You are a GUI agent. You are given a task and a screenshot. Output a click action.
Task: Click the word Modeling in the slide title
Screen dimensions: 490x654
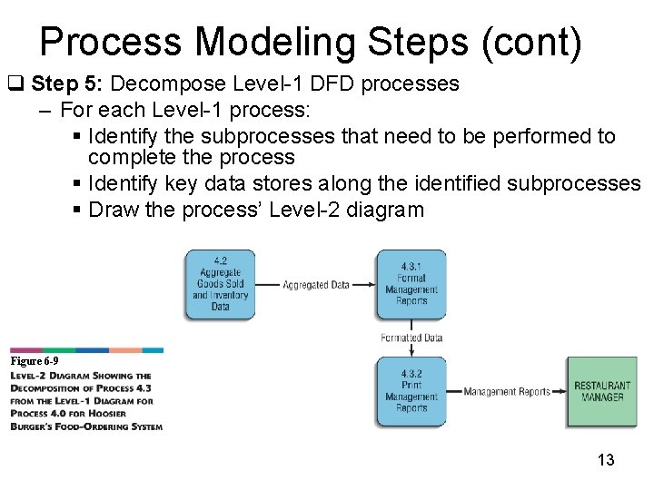pos(275,43)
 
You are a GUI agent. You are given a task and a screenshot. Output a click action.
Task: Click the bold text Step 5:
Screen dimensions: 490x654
pos(68,84)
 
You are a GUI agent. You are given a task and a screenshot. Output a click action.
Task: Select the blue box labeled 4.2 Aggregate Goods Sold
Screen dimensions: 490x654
pos(220,284)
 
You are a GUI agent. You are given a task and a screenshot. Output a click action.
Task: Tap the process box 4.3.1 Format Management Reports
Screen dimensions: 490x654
pos(411,284)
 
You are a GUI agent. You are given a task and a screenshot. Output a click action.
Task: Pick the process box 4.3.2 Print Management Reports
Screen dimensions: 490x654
pos(411,391)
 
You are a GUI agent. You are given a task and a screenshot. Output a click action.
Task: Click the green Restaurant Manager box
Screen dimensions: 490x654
pos(601,392)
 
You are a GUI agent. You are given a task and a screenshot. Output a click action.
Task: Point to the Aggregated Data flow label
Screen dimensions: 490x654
pos(316,285)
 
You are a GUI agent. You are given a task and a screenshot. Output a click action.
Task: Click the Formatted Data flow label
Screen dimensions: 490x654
pos(411,338)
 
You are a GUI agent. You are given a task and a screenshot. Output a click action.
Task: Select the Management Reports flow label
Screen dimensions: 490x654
pos(507,392)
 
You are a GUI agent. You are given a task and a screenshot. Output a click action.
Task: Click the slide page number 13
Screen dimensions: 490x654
pos(605,460)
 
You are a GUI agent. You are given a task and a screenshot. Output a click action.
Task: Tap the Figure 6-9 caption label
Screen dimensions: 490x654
pos(35,361)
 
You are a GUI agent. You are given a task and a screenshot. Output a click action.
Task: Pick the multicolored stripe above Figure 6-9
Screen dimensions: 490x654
pos(87,349)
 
